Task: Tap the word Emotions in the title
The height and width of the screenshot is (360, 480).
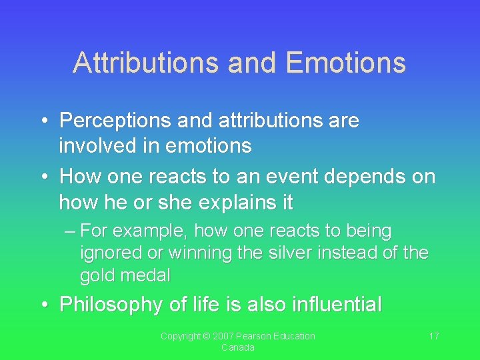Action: coord(345,63)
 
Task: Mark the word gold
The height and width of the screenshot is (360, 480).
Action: coord(98,275)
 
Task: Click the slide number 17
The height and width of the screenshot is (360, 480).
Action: coord(433,336)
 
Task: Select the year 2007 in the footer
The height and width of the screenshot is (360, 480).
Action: coord(220,336)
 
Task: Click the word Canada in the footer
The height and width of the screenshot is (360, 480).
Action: coord(238,347)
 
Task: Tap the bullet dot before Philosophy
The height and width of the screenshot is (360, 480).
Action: coord(45,305)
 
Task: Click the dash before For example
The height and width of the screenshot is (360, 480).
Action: coord(71,232)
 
